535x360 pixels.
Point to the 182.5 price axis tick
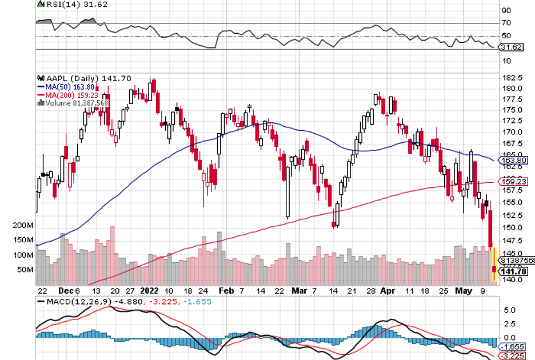512,78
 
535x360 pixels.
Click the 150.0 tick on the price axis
512,227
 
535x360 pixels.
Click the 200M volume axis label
23,226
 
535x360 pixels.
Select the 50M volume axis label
26,270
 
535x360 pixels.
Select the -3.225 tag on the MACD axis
513,355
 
